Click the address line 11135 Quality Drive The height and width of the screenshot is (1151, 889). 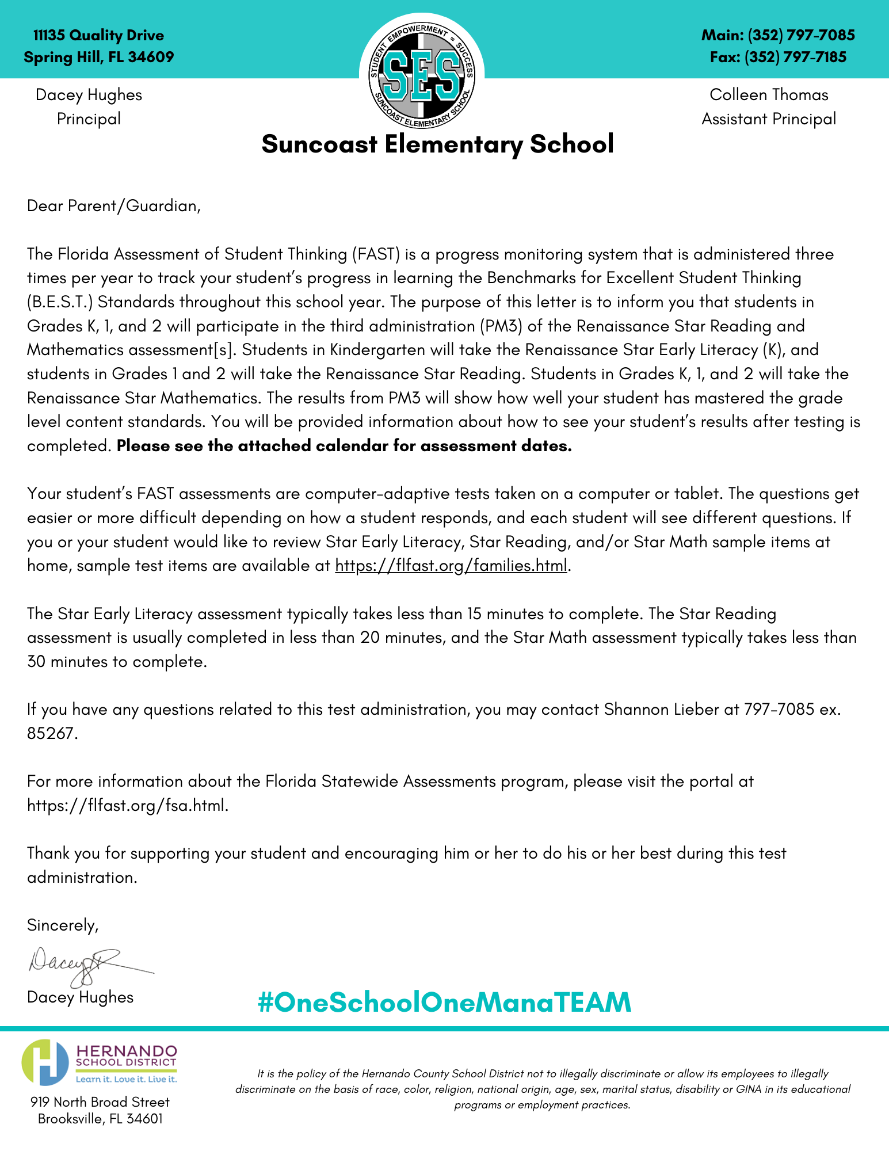pyautogui.click(x=98, y=36)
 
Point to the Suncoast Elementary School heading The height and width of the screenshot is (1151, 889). pyautogui.click(x=437, y=144)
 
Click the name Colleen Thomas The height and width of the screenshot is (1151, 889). pyautogui.click(x=769, y=95)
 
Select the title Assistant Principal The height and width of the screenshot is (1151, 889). pyautogui.click(x=769, y=119)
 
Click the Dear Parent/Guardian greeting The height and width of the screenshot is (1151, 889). pyautogui.click(x=114, y=206)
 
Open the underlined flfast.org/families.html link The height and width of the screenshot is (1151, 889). pyautogui.click(x=451, y=566)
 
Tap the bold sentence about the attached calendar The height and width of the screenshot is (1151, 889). pyautogui.click(x=344, y=446)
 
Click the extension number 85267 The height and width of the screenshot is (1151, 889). pyautogui.click(x=51, y=734)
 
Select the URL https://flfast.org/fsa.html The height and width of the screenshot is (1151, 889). pyautogui.click(x=127, y=806)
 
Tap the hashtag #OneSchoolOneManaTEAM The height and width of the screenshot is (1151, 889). pyautogui.click(x=444, y=1002)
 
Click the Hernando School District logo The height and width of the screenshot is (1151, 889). pyautogui.click(x=100, y=1062)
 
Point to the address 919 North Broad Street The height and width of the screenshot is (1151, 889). pyautogui.click(x=100, y=1102)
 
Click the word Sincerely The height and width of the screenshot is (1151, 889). pyautogui.click(x=63, y=925)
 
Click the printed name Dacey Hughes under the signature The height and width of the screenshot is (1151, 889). pyautogui.click(x=80, y=997)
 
